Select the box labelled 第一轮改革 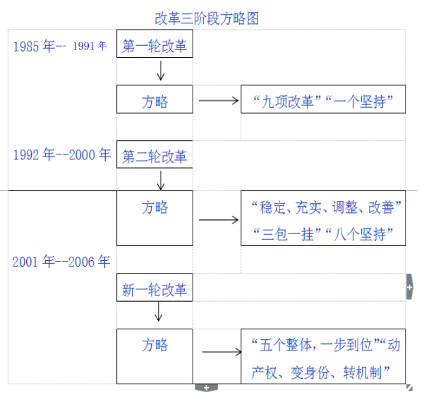(x=155, y=47)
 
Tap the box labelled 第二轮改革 (x=155, y=156)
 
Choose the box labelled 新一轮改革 (x=155, y=289)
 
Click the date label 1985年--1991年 (x=60, y=47)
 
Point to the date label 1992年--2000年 (x=61, y=155)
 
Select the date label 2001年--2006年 (x=61, y=262)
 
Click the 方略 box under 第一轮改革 (x=155, y=100)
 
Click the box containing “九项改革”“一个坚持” (x=324, y=100)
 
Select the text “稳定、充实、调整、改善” (x=324, y=208)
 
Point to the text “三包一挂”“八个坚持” (x=324, y=233)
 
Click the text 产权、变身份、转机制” (x=324, y=372)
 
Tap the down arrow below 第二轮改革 (x=161, y=180)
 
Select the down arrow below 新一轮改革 (x=159, y=312)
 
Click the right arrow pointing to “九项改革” (x=219, y=101)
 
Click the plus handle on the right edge (x=410, y=287)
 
